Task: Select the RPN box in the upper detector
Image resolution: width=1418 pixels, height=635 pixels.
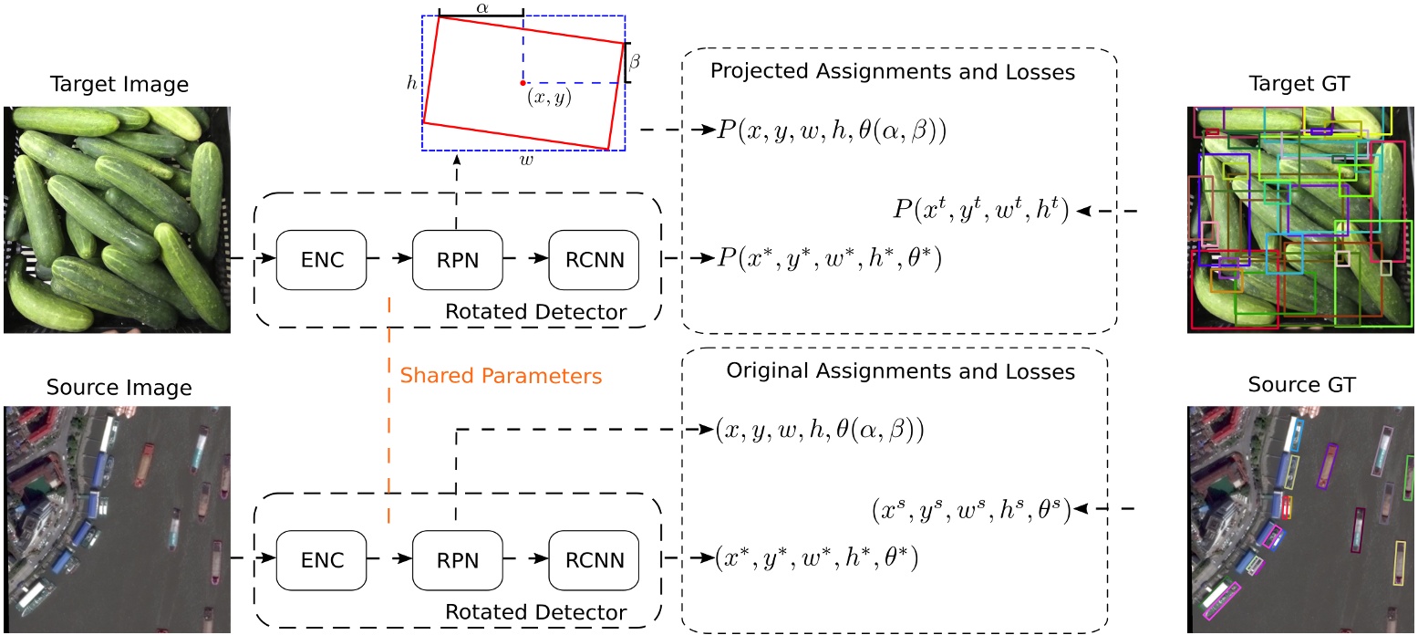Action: [x=457, y=259]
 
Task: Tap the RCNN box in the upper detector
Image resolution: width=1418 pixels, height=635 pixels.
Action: [x=594, y=259]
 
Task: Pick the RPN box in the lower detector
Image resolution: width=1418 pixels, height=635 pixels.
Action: [x=457, y=558]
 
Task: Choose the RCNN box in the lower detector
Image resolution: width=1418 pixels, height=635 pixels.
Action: [x=594, y=558]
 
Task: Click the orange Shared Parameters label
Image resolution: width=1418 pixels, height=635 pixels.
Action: [x=502, y=376]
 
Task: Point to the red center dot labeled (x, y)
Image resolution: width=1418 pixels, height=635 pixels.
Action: [x=523, y=83]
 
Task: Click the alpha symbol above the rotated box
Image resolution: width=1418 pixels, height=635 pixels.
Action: [x=481, y=7]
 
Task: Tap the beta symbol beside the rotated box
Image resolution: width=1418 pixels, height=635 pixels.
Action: [x=637, y=62]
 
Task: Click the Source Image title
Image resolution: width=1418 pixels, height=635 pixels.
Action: [x=119, y=387]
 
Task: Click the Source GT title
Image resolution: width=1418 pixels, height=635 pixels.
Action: [x=1302, y=384]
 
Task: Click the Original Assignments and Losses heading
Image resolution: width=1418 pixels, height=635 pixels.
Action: [x=901, y=371]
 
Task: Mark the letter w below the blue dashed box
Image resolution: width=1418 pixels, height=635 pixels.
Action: [x=526, y=160]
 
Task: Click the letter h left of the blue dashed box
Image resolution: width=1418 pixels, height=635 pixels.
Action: [x=412, y=82]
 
